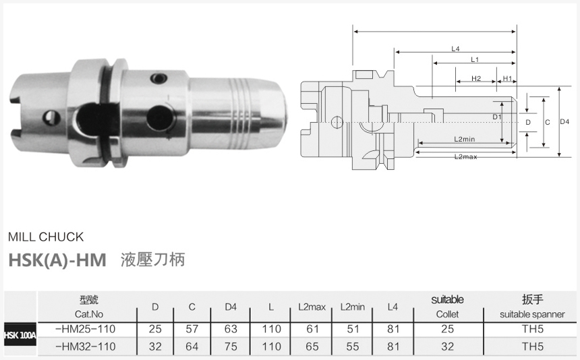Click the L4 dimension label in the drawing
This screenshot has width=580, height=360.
[456, 49]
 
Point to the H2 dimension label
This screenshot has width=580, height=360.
[475, 79]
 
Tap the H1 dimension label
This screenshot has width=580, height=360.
[507, 79]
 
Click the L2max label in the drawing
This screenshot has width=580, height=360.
[465, 156]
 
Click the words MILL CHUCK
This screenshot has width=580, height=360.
[46, 237]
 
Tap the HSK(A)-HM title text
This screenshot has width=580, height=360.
[57, 260]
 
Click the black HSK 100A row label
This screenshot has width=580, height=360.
[20, 336]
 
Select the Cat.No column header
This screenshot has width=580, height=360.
[88, 314]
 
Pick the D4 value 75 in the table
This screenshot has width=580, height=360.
[231, 346]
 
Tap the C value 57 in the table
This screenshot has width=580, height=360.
[192, 329]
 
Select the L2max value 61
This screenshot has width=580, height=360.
[312, 329]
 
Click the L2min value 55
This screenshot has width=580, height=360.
[352, 346]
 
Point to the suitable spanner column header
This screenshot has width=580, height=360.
[532, 314]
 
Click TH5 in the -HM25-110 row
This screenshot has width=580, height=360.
[532, 329]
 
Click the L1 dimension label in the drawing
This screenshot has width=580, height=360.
[475, 59]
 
